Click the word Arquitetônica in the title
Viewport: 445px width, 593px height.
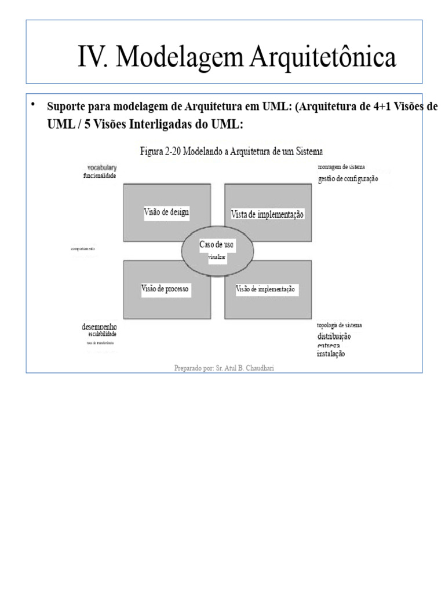(323, 58)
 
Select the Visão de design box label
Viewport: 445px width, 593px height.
(166, 212)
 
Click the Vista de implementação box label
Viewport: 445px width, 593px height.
(268, 214)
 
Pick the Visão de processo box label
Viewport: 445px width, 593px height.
(166, 288)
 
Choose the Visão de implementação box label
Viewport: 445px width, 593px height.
(266, 289)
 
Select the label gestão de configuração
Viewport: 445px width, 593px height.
(348, 179)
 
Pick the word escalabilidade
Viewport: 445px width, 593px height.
(103, 335)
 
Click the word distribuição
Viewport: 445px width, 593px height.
(334, 336)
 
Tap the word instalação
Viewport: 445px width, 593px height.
(331, 354)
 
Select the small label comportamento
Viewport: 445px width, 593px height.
(83, 249)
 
